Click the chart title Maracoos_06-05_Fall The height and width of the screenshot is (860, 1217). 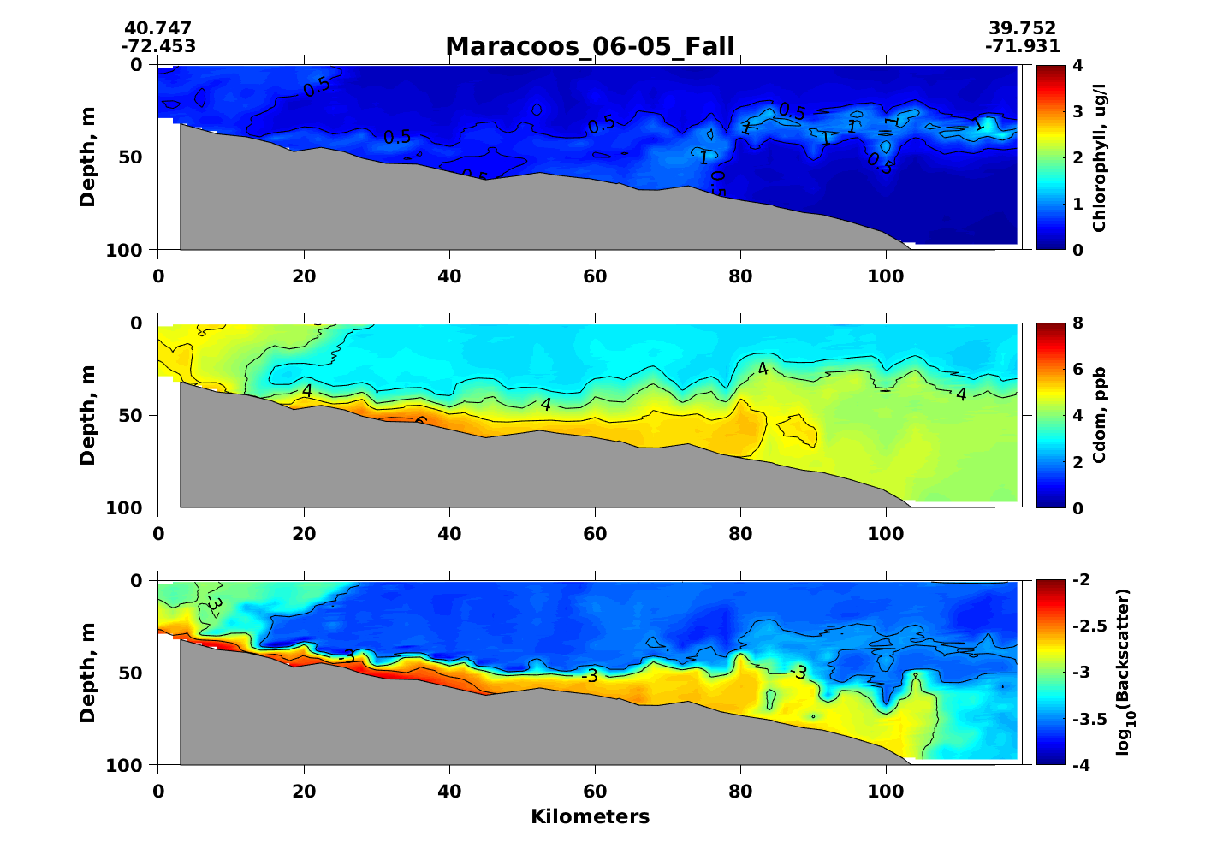pyautogui.click(x=590, y=46)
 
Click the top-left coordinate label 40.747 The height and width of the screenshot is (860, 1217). pyautogui.click(x=157, y=29)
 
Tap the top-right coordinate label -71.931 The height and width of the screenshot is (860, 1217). pyautogui.click(x=1022, y=46)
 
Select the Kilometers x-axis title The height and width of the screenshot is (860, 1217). pyautogui.click(x=590, y=817)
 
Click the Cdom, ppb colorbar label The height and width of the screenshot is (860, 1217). pyautogui.click(x=1100, y=415)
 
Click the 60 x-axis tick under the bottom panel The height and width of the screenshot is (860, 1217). pyautogui.click(x=595, y=792)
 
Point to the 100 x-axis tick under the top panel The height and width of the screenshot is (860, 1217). pyautogui.click(x=886, y=276)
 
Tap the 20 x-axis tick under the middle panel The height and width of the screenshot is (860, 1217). pyautogui.click(x=304, y=534)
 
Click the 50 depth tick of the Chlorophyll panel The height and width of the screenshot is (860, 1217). pyautogui.click(x=138, y=157)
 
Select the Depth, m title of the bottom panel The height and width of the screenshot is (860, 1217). pyautogui.click(x=87, y=673)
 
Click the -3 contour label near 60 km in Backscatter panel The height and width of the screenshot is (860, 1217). pyautogui.click(x=589, y=676)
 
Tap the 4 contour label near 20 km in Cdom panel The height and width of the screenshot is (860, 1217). pyautogui.click(x=306, y=391)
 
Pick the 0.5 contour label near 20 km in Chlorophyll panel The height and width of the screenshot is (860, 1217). pyautogui.click(x=317, y=86)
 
